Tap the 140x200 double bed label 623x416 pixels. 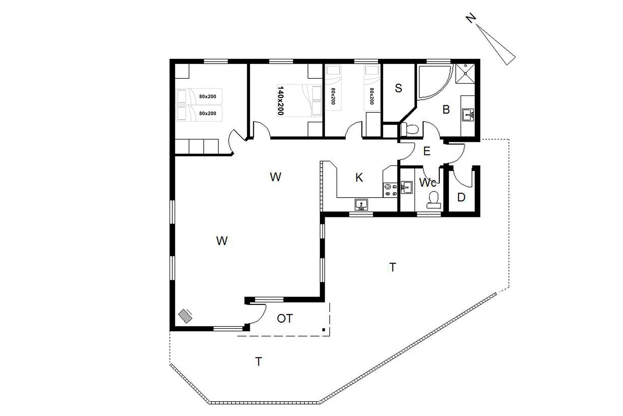pos(281,100)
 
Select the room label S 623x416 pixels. pos(398,88)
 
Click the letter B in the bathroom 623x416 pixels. pos(446,110)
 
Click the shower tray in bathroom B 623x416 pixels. pos(465,74)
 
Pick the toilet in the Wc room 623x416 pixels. pos(434,200)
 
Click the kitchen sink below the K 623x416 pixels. pos(361,205)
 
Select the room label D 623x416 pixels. pos(461,197)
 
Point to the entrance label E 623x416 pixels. pos(427,151)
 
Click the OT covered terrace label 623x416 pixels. pos(285,318)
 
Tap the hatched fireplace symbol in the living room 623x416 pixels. pos(185,316)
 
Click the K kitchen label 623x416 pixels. pos(359,177)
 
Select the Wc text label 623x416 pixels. pos(427,183)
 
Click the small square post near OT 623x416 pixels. pos(324,330)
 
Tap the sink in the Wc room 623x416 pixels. pos(406,188)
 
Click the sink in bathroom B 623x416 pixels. pos(468,115)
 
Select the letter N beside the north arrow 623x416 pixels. pos(471,19)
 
